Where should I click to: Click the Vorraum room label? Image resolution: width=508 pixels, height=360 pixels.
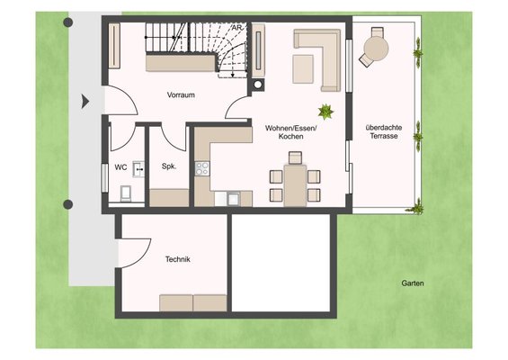[181, 95]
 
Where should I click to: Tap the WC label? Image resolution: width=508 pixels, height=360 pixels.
[120, 167]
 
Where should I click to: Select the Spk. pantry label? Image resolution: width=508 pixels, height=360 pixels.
[169, 166]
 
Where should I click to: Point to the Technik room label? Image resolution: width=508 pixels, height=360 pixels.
[177, 259]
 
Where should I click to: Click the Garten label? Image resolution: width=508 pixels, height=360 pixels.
[413, 283]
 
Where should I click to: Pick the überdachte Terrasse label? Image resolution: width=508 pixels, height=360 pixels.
[384, 131]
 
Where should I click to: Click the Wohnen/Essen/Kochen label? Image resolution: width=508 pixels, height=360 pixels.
[290, 132]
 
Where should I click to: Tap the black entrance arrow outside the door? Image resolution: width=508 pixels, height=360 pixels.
[85, 101]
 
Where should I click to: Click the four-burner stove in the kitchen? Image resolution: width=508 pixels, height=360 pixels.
[202, 168]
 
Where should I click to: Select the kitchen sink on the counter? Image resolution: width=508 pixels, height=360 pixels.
[233, 199]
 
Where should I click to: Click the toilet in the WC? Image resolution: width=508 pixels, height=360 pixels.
[126, 193]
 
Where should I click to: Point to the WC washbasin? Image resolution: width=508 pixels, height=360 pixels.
[138, 168]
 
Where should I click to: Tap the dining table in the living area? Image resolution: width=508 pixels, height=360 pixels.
[295, 185]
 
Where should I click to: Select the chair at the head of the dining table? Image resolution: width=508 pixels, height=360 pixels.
[295, 157]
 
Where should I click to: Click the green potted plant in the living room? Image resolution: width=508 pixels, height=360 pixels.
[325, 112]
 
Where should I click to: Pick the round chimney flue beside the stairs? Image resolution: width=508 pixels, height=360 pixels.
[258, 85]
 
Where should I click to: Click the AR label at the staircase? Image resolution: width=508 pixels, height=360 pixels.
[237, 28]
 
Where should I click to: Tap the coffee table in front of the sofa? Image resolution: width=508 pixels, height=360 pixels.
[303, 69]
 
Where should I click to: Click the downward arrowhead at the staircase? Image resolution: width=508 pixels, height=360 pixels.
[233, 76]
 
